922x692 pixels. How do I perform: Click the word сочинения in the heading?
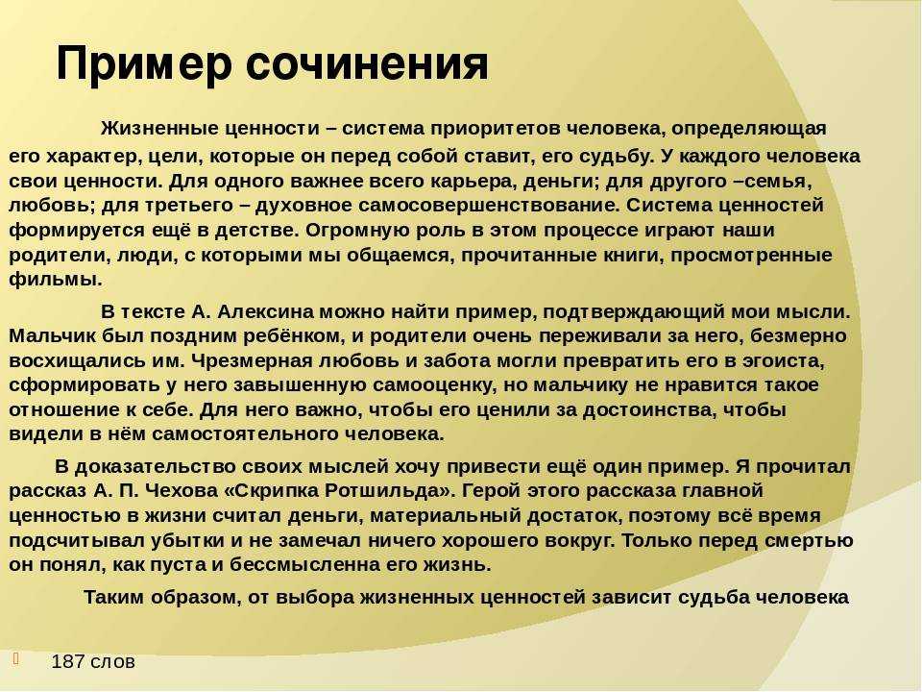click(x=366, y=62)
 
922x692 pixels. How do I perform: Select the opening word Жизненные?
click(x=158, y=128)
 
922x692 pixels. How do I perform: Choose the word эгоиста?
click(x=773, y=360)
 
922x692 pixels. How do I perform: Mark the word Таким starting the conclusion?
click(x=113, y=597)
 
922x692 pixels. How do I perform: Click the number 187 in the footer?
click(x=68, y=661)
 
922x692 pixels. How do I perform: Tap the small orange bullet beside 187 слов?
click(x=16, y=657)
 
